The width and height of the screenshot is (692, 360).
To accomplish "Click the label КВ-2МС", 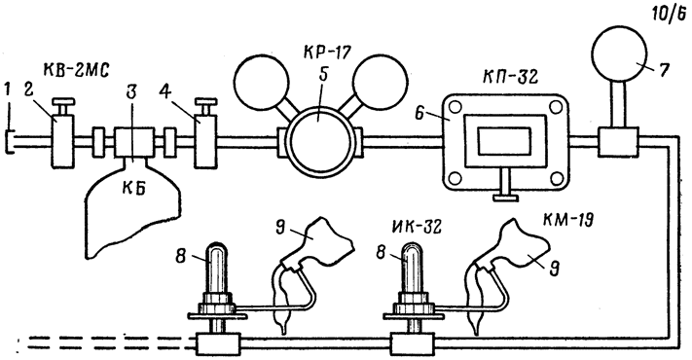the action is point(76,71).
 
